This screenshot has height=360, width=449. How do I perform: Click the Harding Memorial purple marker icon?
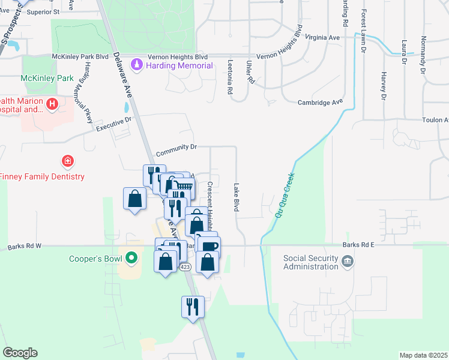(137, 65)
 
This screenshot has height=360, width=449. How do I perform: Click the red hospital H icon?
(52, 105)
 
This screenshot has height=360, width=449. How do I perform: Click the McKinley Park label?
(47, 78)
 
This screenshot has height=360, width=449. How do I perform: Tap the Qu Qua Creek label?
(285, 196)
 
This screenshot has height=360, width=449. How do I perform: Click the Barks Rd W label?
(25, 246)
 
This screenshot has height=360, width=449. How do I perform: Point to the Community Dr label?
(176, 146)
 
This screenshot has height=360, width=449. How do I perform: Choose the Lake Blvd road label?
(237, 197)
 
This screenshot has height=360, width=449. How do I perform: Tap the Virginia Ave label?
(322, 37)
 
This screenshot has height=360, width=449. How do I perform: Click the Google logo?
(20, 353)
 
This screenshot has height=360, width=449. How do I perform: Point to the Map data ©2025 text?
(423, 355)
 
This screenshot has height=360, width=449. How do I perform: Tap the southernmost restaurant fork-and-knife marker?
(193, 307)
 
